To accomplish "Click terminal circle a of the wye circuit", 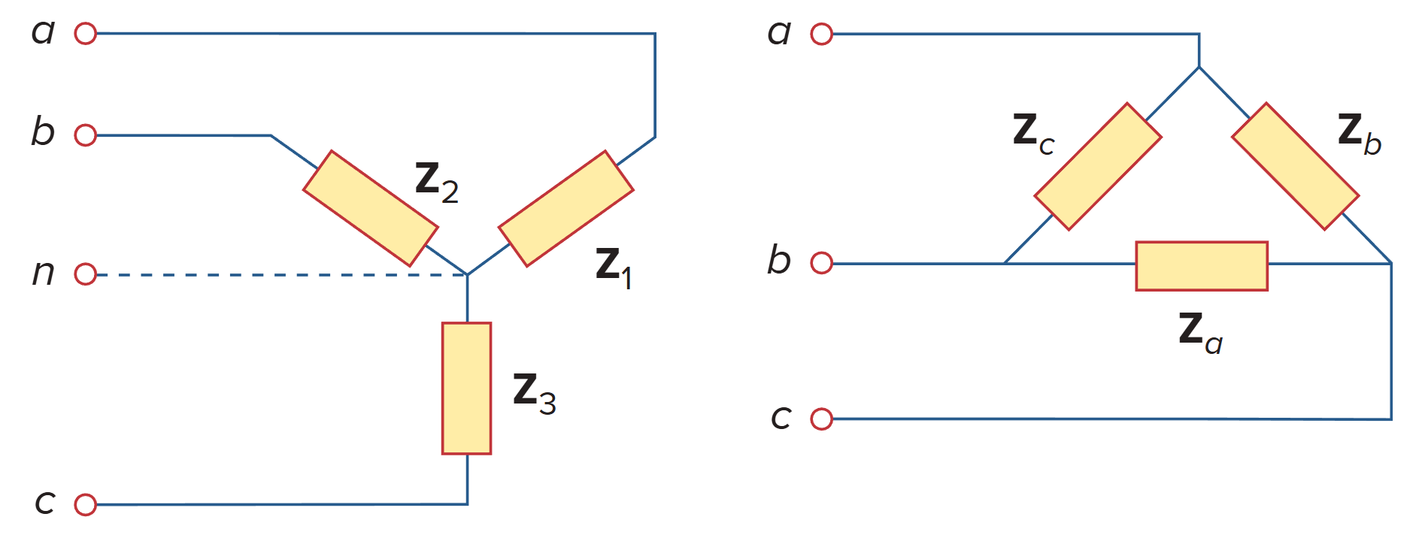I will tap(86, 34).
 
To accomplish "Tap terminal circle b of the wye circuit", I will tap(86, 135).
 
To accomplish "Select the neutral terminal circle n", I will tap(86, 274).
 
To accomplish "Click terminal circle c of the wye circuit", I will tap(86, 504).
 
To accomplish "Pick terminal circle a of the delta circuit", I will tap(822, 34).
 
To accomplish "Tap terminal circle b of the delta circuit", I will tap(822, 263).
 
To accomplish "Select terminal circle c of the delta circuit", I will tap(822, 419).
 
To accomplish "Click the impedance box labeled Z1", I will tap(565, 209).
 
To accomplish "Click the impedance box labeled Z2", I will tap(371, 208).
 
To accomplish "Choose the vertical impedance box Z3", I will tap(466, 388).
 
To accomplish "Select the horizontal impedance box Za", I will tap(1202, 266).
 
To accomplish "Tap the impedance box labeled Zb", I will tap(1295, 166).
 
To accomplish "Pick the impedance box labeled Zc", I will tap(1098, 166).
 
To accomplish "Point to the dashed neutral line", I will tap(278, 275).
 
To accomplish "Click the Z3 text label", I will tap(533, 393).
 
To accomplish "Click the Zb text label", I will tap(1358, 133).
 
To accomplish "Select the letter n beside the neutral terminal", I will tap(43, 272).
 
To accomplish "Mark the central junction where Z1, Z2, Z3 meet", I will tap(467, 275).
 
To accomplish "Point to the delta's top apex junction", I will tap(1199, 68).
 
